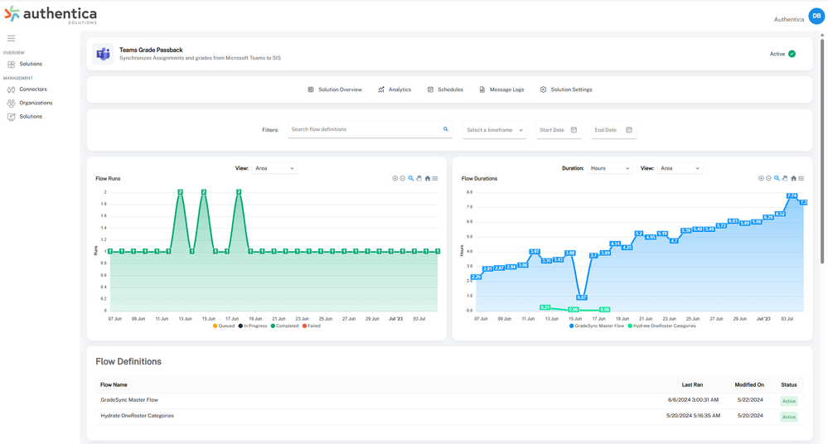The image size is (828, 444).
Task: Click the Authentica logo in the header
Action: coord(51,15)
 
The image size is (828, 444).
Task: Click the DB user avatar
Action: coord(816,16)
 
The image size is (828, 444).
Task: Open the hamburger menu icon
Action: coord(11,38)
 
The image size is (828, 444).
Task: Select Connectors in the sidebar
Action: coord(32,89)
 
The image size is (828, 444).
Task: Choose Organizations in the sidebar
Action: coord(35,103)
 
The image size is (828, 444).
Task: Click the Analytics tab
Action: coord(395,89)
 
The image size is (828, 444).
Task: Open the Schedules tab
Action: coord(445,89)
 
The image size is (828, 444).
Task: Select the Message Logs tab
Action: coord(501,89)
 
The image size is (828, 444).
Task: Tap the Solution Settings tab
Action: coord(566,89)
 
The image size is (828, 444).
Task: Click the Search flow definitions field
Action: coord(365,130)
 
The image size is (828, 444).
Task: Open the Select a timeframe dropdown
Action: coord(494,130)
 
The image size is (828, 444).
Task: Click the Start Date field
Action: coord(558,130)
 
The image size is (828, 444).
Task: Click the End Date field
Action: coord(613,130)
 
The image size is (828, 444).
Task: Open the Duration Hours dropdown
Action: coord(609,168)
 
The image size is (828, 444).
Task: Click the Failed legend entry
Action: coord(311,326)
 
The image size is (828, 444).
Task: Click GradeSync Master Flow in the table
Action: coord(129,400)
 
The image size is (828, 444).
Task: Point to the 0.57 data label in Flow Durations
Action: coord(581,297)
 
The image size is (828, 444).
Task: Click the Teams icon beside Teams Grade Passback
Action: coord(104,54)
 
